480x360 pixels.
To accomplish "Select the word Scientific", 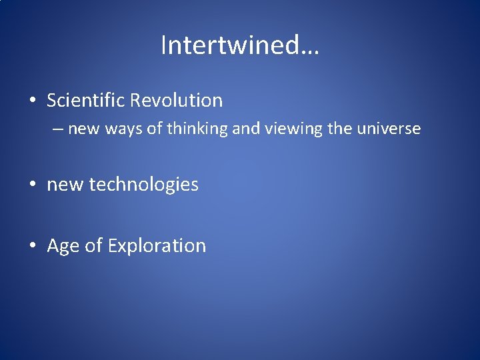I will click(85, 101).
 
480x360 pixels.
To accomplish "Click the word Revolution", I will click(176, 101).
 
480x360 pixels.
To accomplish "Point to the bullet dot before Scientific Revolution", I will click(33, 101).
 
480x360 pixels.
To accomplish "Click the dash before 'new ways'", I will click(58, 129).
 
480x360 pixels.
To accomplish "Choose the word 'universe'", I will click(388, 129).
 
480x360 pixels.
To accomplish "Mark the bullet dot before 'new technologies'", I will click(33, 185).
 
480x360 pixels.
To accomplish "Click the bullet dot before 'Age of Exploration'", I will click(33, 246).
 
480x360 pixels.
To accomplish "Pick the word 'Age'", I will click(63, 246).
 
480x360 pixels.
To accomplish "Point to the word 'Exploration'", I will click(157, 245).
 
